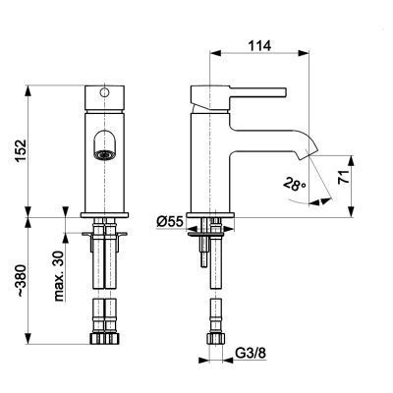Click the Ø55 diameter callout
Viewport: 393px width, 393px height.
pyautogui.click(x=169, y=223)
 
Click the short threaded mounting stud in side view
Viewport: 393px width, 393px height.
pyautogui.click(x=200, y=255)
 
